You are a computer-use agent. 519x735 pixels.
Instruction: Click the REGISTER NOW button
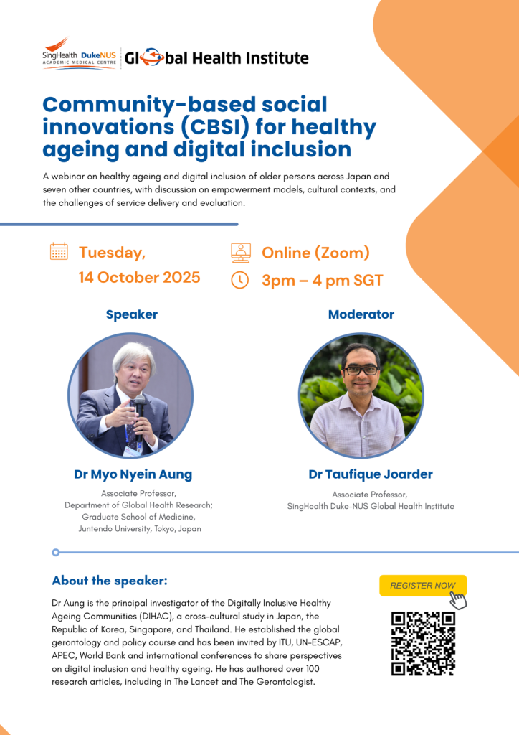423,585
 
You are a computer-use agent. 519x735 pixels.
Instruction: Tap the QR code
423,644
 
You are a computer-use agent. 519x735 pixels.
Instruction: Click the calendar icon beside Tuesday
59,251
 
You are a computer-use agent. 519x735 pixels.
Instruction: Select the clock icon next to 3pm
240,280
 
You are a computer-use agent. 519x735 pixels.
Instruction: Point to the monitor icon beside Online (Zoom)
241,252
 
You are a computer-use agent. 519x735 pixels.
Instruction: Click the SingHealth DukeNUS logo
79,54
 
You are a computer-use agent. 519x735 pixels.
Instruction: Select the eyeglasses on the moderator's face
361,370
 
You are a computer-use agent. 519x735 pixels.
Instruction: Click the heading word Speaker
131,314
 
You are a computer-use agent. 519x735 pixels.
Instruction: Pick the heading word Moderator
361,314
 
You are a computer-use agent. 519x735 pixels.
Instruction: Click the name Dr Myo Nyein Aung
133,474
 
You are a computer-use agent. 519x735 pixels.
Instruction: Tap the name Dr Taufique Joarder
371,474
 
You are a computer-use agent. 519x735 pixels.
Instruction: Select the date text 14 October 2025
140,277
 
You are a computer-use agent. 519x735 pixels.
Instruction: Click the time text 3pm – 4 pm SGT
323,281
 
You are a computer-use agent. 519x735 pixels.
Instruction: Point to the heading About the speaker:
110,580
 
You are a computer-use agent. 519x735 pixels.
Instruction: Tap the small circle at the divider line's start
56,552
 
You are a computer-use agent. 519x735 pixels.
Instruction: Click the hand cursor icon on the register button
457,600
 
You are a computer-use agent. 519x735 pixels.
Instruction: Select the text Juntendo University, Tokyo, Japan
140,528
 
